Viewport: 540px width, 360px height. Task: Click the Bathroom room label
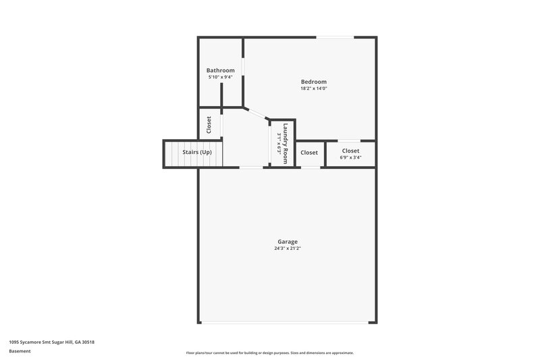221,70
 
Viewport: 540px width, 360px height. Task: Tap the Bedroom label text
314,82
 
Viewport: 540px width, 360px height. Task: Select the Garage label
288,241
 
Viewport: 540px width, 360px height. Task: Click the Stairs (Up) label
197,153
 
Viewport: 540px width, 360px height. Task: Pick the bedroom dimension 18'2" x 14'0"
314,88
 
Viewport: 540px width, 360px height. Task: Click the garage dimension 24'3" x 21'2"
288,248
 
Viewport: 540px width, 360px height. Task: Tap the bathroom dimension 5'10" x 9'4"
221,77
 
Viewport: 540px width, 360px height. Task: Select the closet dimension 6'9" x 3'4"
350,157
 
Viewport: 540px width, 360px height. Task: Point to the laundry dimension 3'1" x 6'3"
279,143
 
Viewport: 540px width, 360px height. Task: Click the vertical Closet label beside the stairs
209,124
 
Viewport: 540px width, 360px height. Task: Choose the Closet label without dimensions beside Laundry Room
309,153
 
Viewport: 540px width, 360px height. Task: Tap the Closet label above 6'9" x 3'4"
350,151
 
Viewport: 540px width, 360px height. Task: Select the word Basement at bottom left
20,351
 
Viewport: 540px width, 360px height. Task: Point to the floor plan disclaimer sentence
269,353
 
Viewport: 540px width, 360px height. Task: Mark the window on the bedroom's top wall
333,37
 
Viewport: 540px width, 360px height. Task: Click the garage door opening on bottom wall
287,322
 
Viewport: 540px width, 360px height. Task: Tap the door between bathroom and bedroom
244,70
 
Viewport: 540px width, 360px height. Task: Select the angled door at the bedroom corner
256,113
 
